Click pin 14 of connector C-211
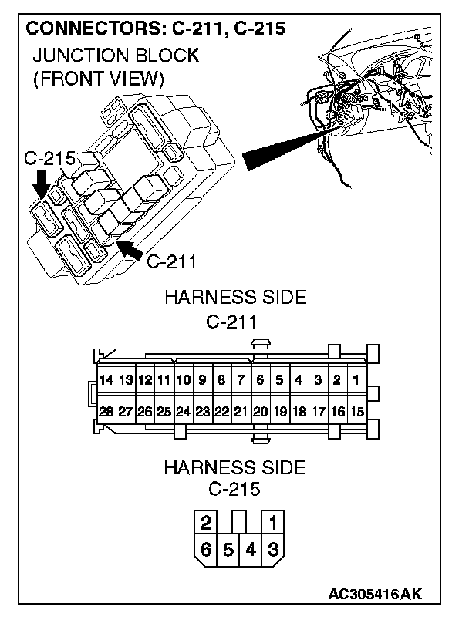106,379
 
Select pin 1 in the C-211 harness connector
356,379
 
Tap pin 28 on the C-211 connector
106,412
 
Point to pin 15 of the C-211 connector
356,412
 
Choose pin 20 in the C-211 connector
260,412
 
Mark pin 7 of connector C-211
241,379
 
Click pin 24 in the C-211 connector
183,412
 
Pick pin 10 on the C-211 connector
183,379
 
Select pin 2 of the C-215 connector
206,523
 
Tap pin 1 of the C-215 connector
273,523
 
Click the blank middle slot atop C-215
240,521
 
